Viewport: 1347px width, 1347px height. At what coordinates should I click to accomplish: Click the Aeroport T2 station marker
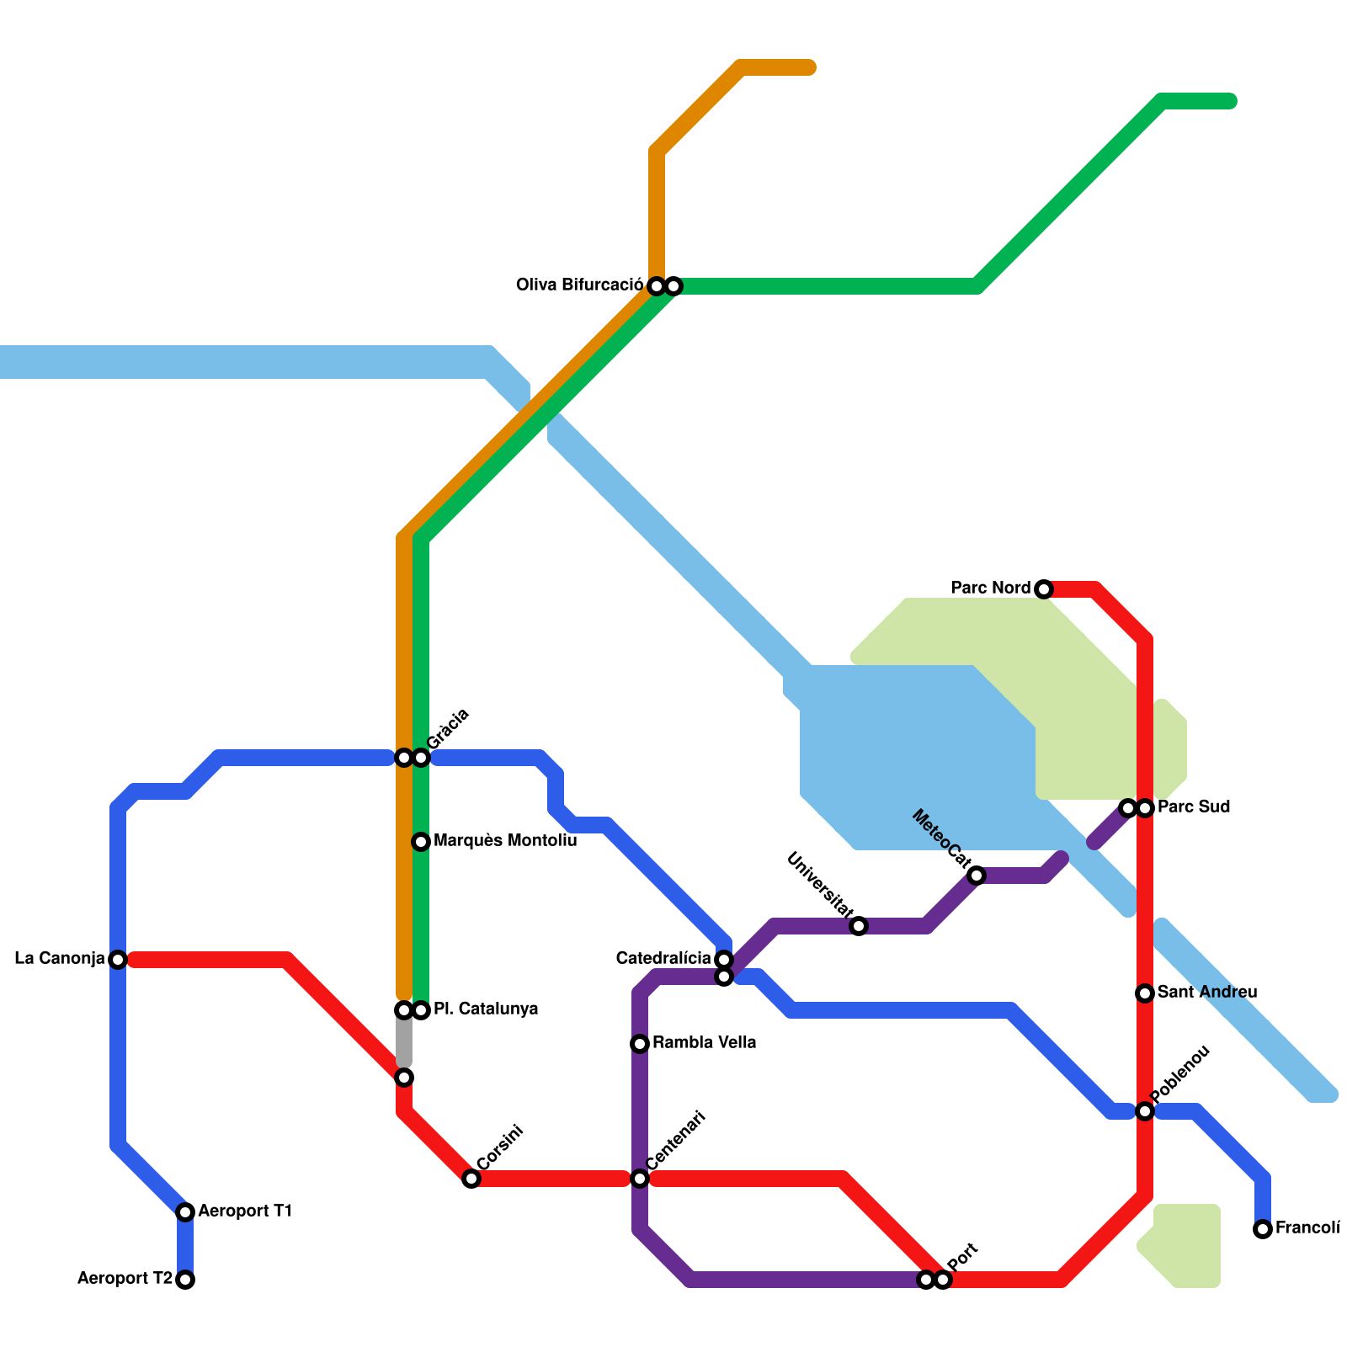point(185,1280)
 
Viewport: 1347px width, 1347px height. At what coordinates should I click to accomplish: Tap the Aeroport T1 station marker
point(185,1212)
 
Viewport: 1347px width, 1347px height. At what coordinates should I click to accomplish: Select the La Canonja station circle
point(118,960)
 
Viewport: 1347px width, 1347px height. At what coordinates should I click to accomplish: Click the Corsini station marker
point(471,1179)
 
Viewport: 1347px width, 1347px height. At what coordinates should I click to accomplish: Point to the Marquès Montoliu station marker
point(421,842)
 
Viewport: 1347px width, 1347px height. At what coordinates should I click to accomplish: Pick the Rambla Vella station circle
point(640,1044)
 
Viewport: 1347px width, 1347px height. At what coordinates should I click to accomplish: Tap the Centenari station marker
point(640,1179)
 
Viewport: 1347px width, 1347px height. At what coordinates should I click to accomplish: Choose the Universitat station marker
point(859,926)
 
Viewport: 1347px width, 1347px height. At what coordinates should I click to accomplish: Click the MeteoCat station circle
point(977,876)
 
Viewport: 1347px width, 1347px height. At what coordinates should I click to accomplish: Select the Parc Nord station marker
point(1044,589)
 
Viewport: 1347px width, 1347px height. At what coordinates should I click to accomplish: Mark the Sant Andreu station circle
point(1145,993)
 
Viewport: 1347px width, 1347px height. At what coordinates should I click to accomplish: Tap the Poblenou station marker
point(1145,1111)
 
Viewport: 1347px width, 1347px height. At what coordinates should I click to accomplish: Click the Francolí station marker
point(1263,1229)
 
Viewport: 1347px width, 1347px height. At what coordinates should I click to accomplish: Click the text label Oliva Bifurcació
point(579,285)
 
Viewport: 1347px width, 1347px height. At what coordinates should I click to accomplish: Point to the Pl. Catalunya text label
point(486,1009)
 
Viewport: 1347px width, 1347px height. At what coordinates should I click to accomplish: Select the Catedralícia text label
point(663,959)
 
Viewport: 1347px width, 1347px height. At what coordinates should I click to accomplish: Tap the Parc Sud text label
point(1194,807)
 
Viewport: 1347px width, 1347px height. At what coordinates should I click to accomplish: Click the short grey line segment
point(404,1044)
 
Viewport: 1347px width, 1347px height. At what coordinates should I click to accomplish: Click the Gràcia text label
point(448,729)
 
